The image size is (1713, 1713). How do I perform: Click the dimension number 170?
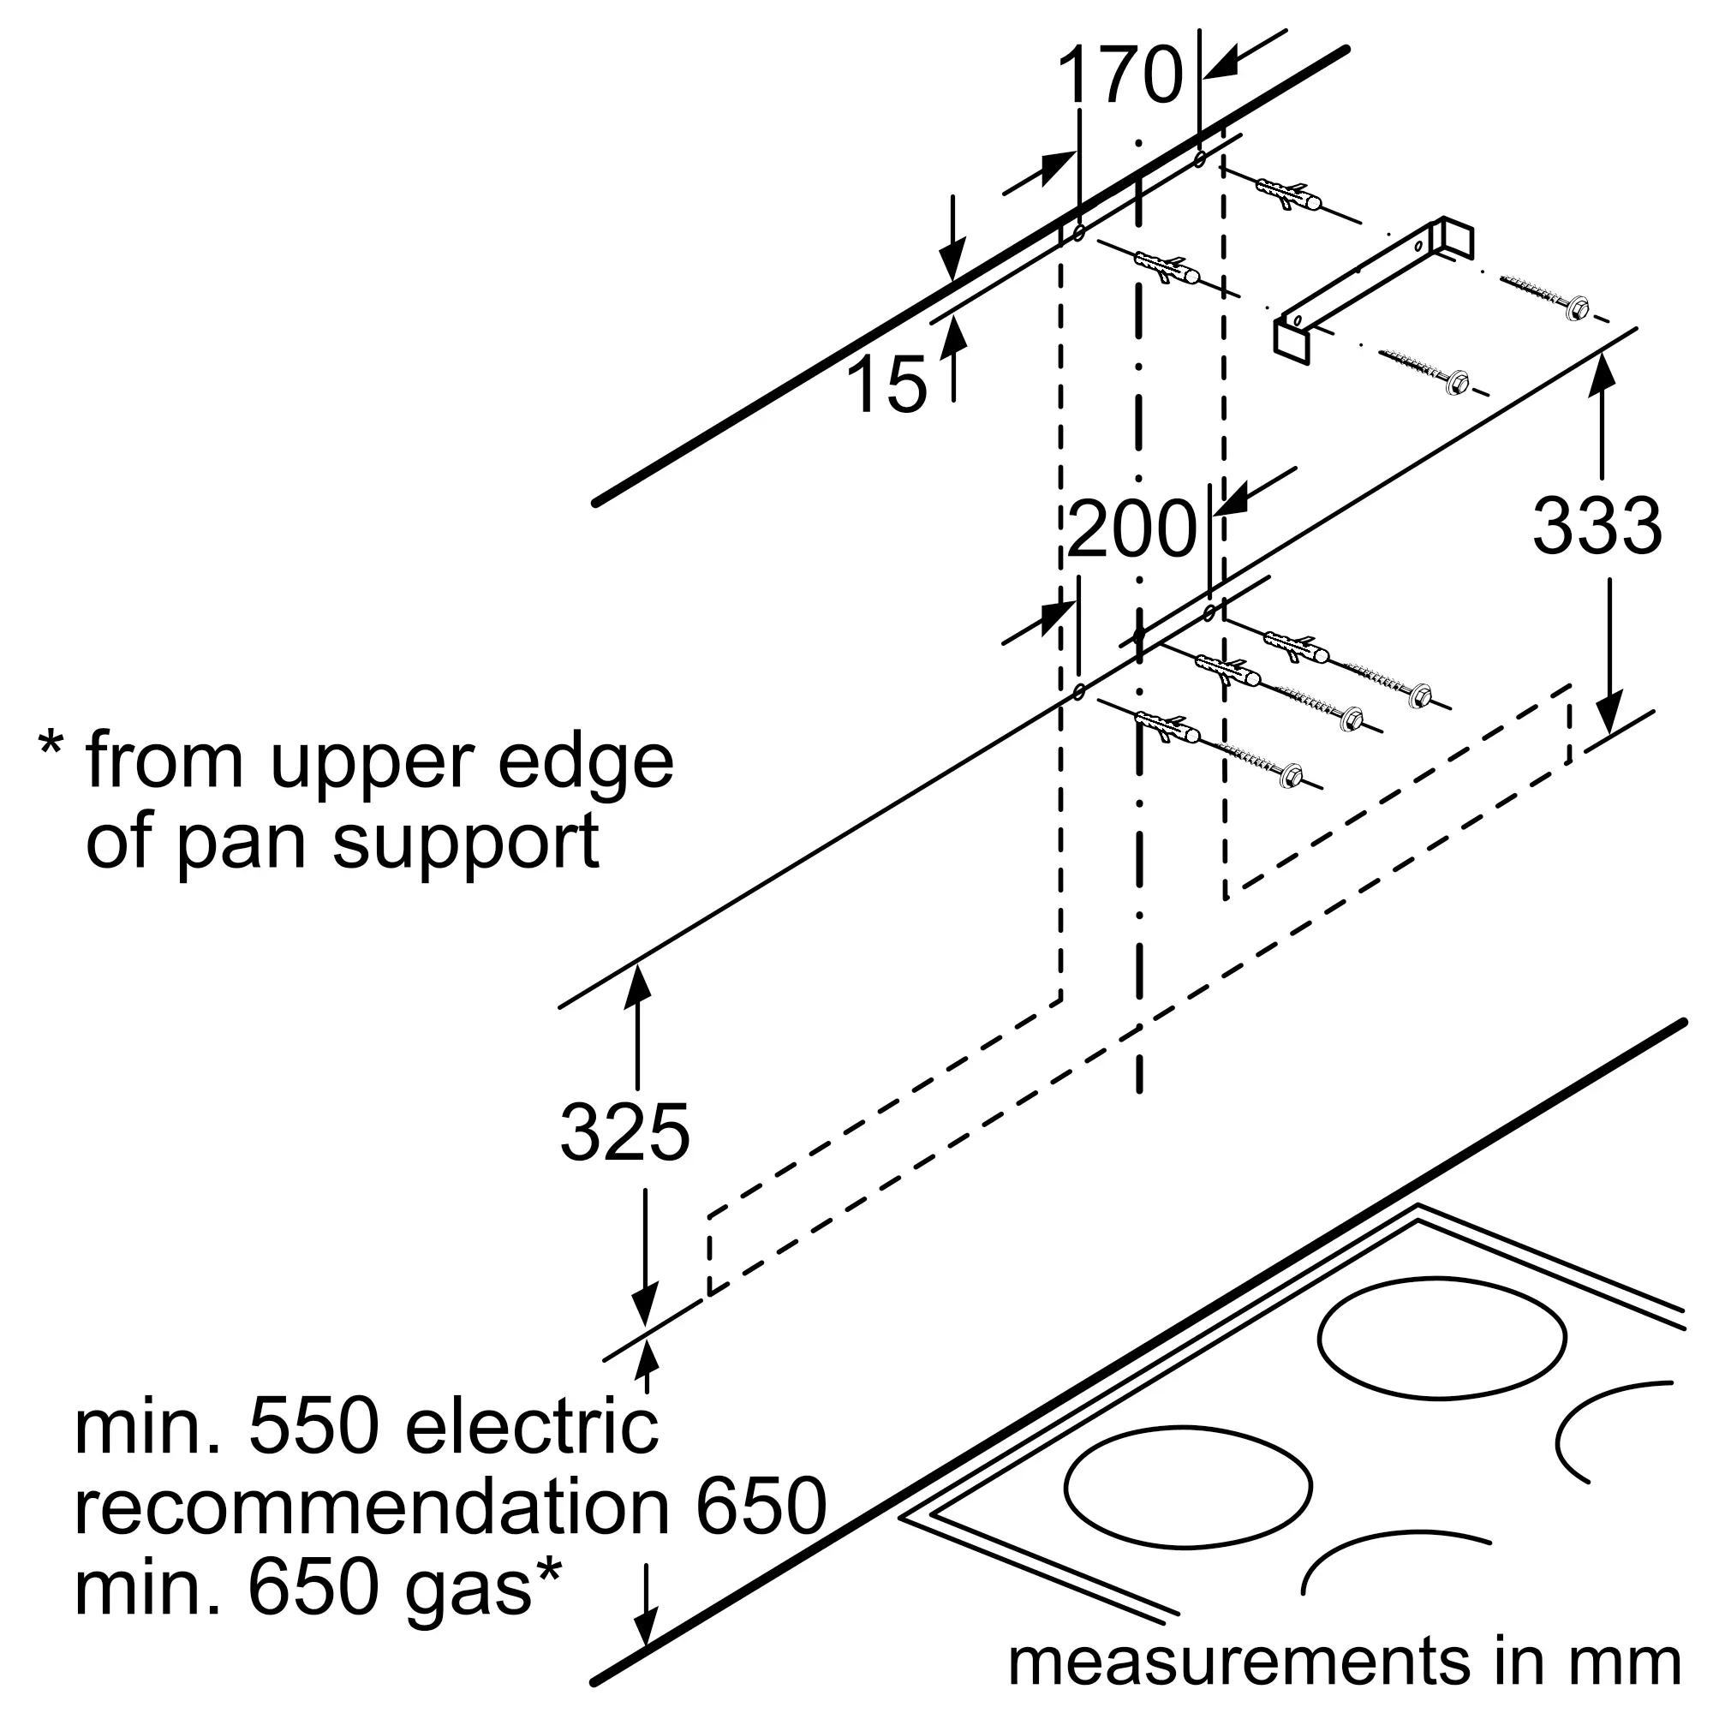[1120, 77]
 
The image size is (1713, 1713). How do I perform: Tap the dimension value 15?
[886, 384]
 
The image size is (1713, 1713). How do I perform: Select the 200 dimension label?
[1132, 529]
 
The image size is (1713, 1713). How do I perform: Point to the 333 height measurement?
[1597, 527]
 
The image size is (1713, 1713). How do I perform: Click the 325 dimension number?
[624, 1132]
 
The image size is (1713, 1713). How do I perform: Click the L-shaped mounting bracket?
[1375, 287]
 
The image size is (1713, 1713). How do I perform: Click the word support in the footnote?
[465, 843]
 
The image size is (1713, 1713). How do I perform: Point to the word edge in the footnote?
[585, 762]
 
